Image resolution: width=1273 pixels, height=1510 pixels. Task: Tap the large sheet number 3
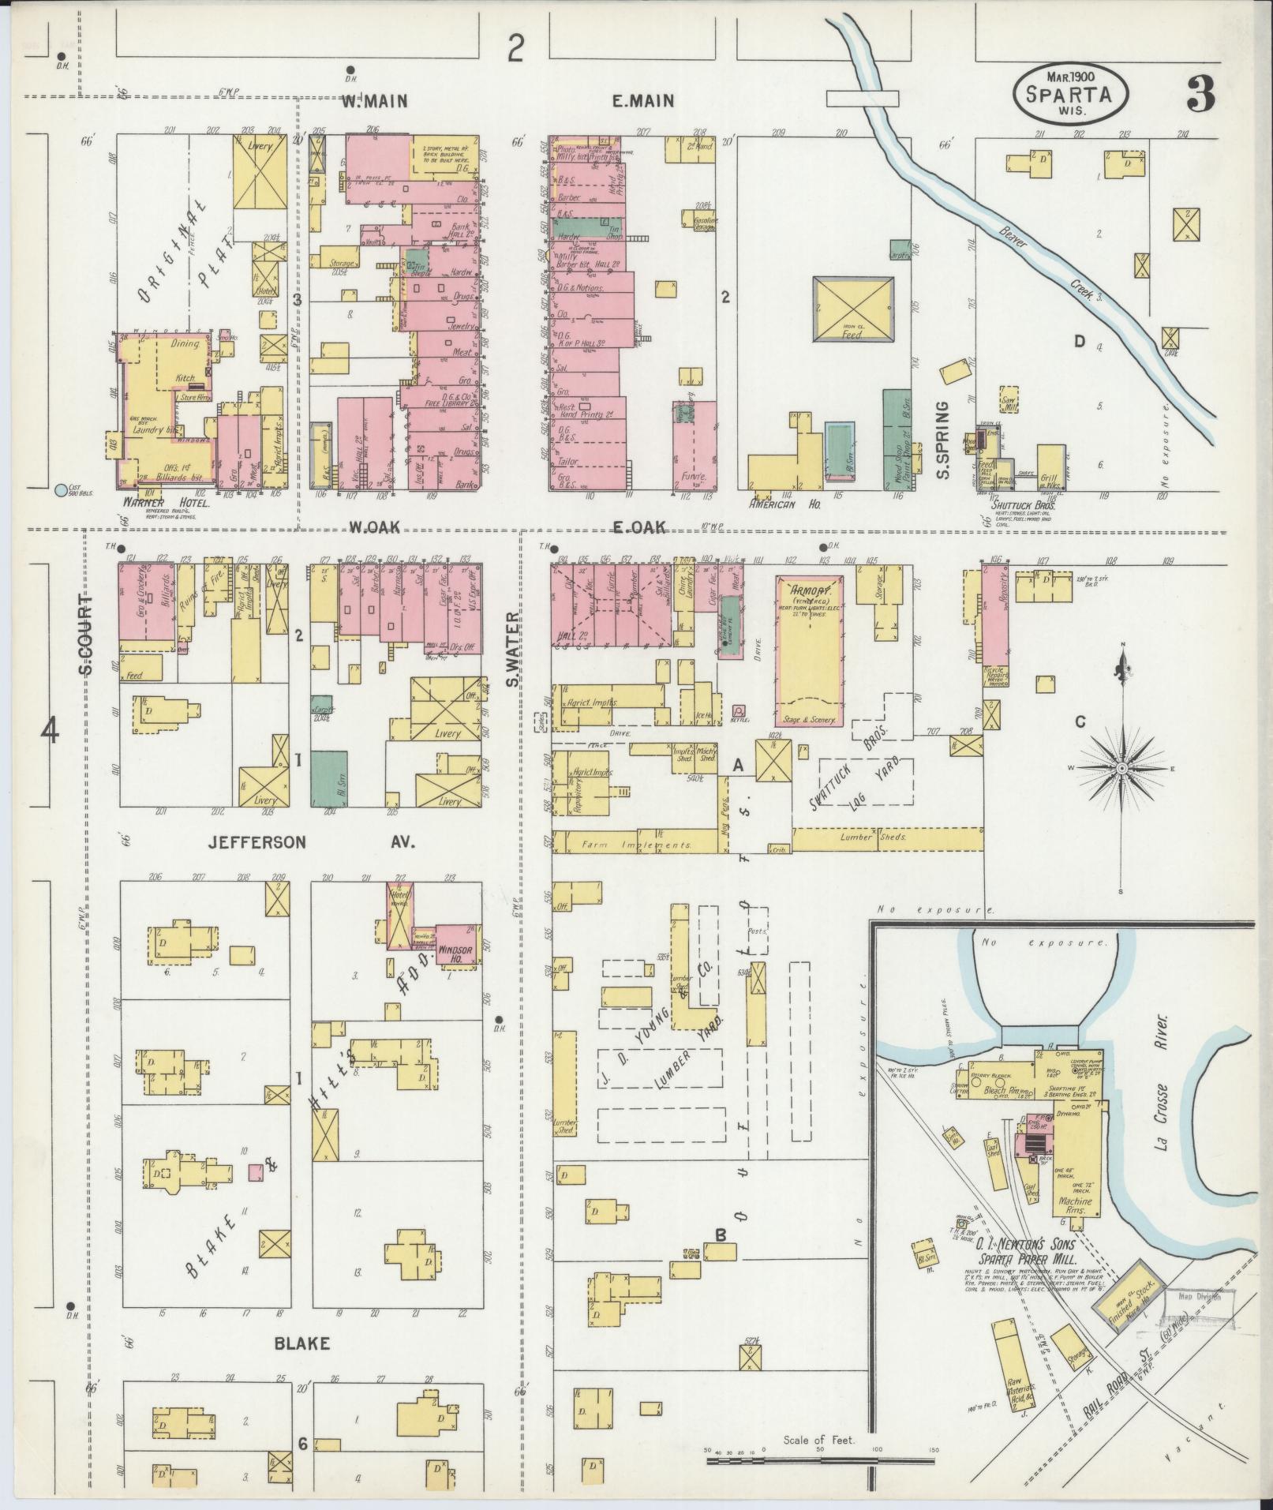(x=1199, y=95)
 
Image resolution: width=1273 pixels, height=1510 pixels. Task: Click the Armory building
(x=811, y=650)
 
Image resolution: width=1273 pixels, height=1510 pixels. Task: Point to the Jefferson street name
(x=256, y=843)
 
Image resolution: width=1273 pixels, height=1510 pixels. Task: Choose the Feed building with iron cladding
(x=853, y=309)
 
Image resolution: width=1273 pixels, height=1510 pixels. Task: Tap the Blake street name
(x=301, y=1343)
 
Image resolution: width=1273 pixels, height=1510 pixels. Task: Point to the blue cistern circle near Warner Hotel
(x=62, y=490)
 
